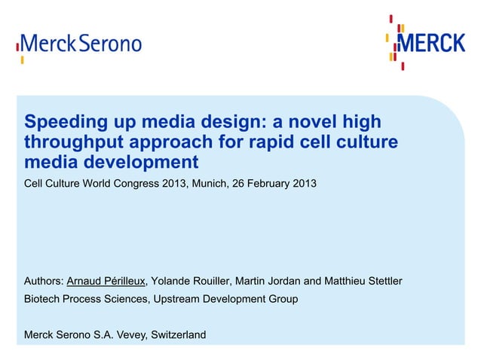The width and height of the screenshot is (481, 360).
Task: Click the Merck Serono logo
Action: (x=80, y=43)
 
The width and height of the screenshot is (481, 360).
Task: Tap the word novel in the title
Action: (x=293, y=122)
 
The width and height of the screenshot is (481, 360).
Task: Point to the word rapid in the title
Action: (x=275, y=142)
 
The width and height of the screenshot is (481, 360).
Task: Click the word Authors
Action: (x=44, y=282)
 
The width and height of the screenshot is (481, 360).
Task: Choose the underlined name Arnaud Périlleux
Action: (x=106, y=282)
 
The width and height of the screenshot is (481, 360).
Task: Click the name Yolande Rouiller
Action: (x=191, y=282)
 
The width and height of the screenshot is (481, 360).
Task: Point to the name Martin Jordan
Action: (x=268, y=282)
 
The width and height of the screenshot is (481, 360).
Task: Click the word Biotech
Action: (x=44, y=299)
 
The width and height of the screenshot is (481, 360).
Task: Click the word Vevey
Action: (x=133, y=335)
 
